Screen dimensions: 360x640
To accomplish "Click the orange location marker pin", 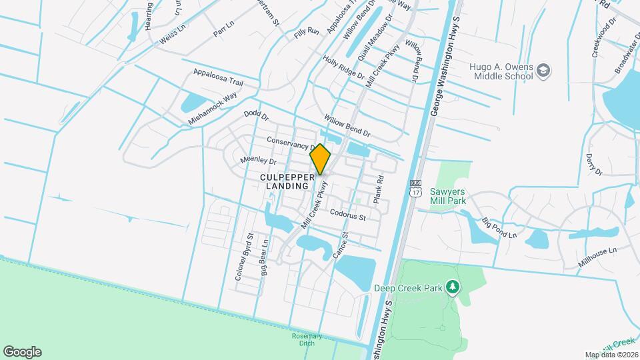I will point(321,159).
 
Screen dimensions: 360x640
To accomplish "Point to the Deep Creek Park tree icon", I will point(453,287).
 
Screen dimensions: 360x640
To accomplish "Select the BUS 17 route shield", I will point(416,189).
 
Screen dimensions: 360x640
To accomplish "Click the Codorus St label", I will point(348,215).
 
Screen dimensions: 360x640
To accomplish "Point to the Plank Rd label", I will point(379,189).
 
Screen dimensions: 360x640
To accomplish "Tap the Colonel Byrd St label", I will point(242,256).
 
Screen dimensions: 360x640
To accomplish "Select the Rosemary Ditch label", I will point(307,339).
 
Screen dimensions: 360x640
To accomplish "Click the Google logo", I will point(22,351).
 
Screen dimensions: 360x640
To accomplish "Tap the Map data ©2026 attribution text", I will point(611,355).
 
